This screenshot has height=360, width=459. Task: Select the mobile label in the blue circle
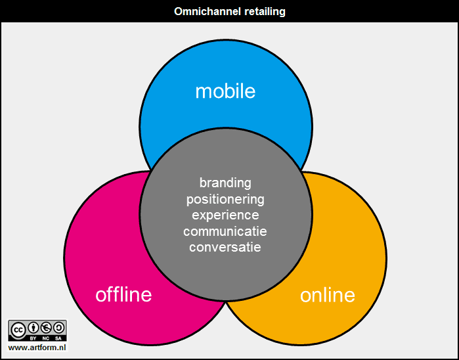225,91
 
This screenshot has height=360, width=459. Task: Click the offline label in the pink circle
123,294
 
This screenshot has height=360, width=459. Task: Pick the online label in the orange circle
328,295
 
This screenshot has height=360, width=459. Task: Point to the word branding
225,183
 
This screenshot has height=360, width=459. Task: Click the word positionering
225,199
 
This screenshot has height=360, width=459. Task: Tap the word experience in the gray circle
225,215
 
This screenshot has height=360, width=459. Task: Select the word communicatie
225,231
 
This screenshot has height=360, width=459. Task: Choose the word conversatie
225,247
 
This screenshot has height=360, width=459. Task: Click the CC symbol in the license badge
18,329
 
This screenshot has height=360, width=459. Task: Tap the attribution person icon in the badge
33,328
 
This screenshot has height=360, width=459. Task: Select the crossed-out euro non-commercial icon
46,328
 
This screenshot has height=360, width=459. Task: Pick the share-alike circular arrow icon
58,328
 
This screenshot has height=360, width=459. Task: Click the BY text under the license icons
33,338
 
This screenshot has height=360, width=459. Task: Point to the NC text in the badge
46,338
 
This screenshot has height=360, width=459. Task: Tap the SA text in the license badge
58,338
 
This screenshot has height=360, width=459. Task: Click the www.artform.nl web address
37,348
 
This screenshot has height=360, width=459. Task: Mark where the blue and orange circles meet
301,171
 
